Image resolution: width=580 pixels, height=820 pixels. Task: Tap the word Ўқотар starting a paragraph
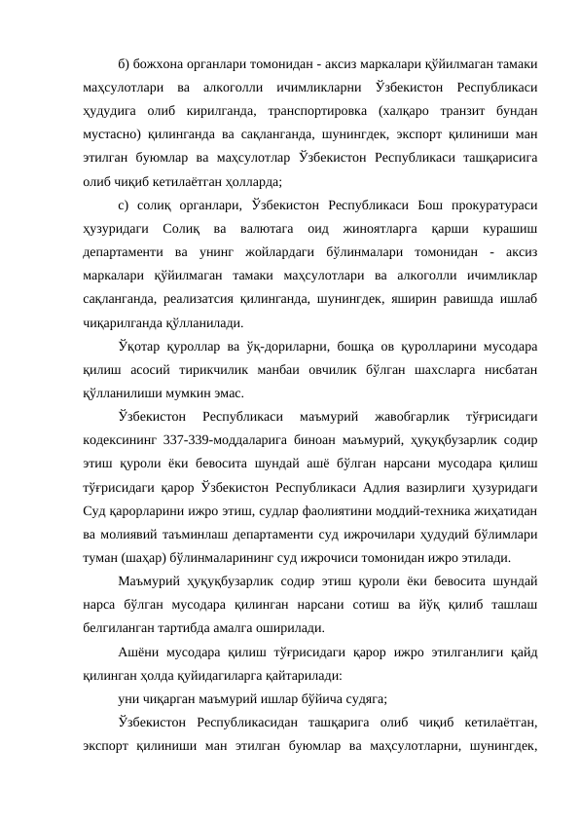click(136, 345)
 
